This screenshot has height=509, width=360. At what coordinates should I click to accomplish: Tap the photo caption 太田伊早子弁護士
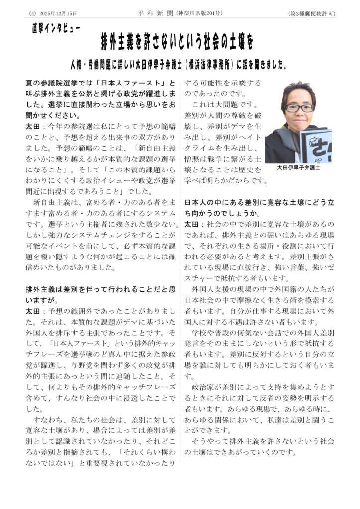point(299,168)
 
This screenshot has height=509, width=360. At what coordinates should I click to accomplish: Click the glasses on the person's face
point(298,108)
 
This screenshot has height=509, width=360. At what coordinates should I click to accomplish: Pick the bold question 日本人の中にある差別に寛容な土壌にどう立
point(259,203)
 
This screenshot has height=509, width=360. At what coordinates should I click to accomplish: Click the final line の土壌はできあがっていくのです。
point(240,452)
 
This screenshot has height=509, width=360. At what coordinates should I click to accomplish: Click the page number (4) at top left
point(32,13)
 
